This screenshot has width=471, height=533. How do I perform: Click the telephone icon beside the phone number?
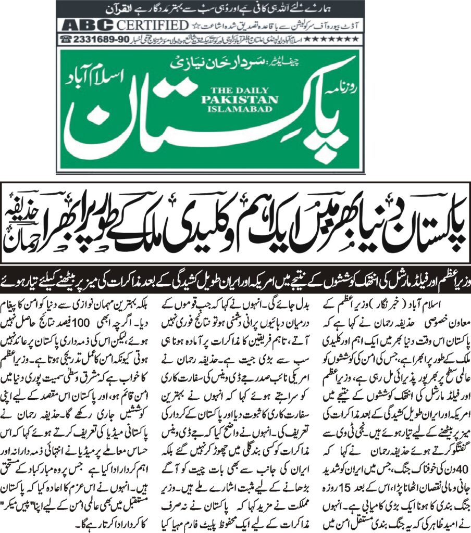[66, 39]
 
